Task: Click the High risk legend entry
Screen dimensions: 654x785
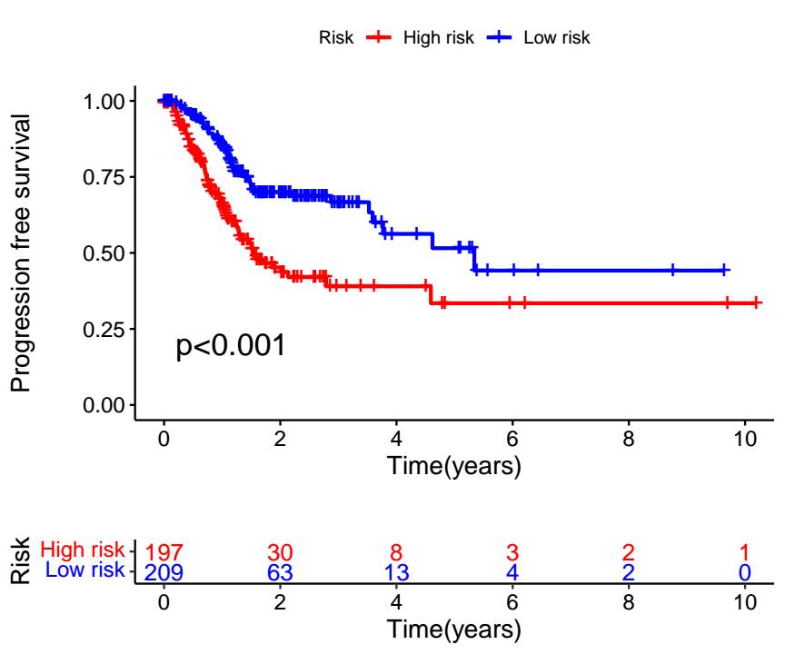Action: (434, 37)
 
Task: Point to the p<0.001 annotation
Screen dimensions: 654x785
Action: (231, 346)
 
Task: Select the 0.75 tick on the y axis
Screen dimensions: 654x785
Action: (106, 177)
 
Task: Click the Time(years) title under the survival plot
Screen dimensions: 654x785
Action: (454, 467)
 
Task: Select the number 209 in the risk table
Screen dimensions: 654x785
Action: (164, 573)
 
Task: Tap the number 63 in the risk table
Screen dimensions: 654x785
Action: (280, 573)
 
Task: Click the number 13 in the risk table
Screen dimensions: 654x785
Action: (396, 573)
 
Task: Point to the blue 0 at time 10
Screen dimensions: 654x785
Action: (745, 573)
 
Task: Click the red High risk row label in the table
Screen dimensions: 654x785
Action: (83, 550)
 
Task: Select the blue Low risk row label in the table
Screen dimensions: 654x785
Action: (84, 570)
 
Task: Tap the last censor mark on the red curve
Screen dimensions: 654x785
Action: (758, 303)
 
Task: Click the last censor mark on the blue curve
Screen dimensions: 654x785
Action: (724, 270)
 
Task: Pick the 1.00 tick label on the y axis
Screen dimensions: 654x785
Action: (106, 101)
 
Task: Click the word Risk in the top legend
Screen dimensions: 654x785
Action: (335, 37)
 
